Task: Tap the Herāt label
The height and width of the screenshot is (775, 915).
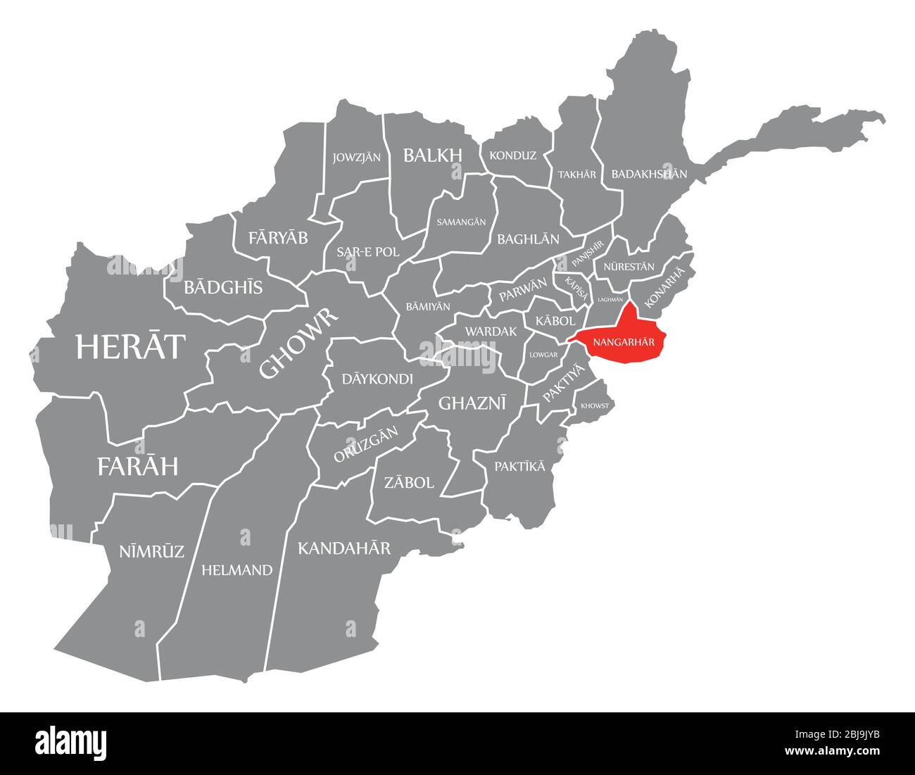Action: [131, 346]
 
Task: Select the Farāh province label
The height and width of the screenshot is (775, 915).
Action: [137, 465]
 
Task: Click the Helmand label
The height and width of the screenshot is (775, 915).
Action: [236, 570]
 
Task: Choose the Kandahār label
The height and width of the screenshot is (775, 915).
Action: [344, 548]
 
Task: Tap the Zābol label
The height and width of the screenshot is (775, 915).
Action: [409, 483]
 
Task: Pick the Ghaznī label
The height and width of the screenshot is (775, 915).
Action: [472, 403]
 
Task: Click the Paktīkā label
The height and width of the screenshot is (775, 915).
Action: [519, 466]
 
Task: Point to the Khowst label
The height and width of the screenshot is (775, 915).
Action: [595, 405]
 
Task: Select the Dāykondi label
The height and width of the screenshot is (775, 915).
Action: [377, 379]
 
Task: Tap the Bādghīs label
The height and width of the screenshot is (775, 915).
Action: [223, 287]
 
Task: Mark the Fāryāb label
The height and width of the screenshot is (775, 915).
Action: [278, 238]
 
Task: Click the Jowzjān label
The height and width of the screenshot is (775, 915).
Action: [357, 157]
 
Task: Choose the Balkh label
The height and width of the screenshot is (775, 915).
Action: [432, 155]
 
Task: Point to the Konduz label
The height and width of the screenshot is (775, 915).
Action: [513, 156]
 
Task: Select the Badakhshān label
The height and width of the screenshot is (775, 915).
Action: [649, 173]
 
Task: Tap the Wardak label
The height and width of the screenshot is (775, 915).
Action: [491, 331]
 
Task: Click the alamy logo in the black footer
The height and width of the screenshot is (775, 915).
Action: [71, 742]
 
